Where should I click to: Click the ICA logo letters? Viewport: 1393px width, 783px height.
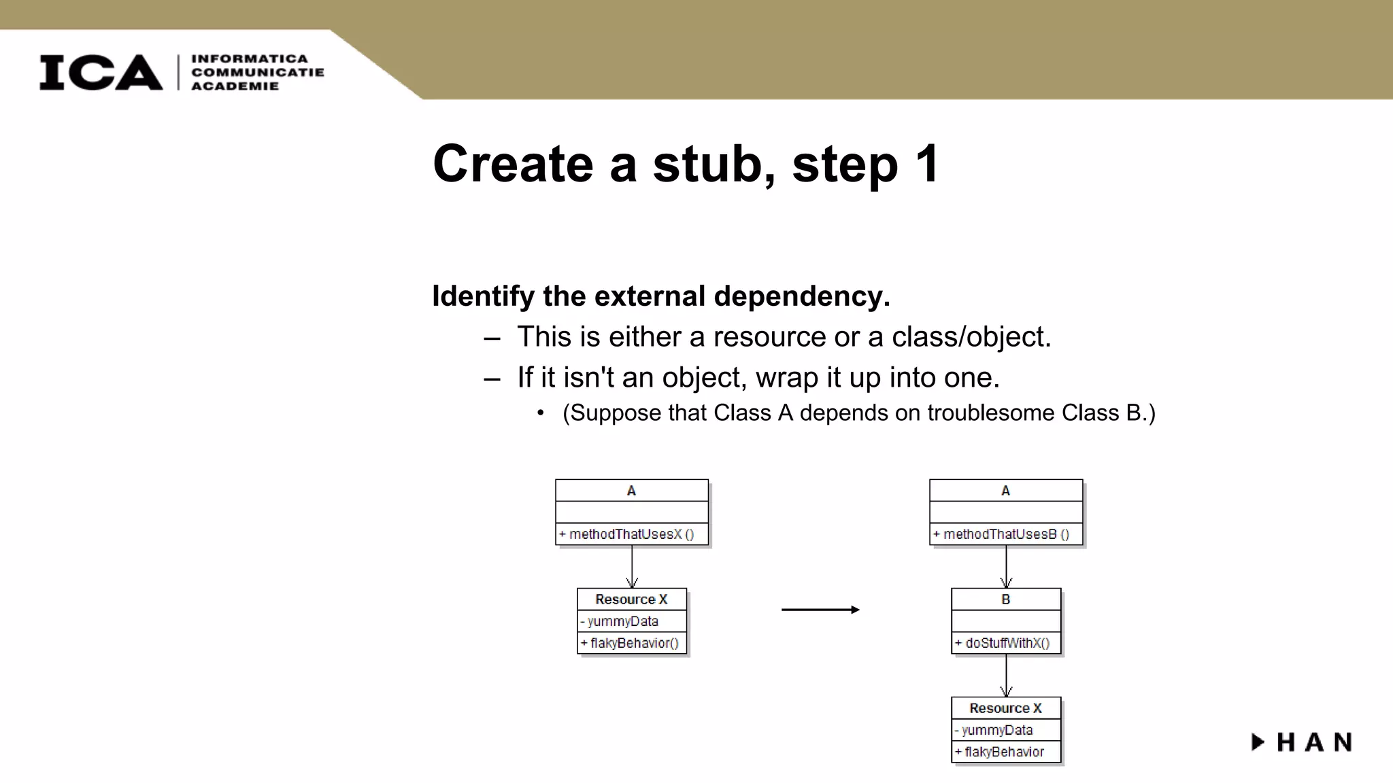[101, 72]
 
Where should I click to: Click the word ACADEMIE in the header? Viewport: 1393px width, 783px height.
[235, 86]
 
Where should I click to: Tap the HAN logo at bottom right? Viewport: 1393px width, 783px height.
[1302, 742]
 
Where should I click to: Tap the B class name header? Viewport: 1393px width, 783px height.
[1005, 599]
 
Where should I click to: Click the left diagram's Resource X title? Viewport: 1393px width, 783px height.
[631, 599]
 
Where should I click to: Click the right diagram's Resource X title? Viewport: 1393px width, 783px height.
[1005, 708]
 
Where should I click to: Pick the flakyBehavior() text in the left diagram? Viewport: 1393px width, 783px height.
[633, 643]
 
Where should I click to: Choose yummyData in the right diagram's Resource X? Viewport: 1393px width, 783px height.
[996, 730]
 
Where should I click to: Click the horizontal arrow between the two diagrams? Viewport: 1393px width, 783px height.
[820, 610]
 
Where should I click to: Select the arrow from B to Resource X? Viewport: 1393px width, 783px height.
[1006, 675]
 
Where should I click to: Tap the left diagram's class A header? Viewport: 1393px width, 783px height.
[631, 491]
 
